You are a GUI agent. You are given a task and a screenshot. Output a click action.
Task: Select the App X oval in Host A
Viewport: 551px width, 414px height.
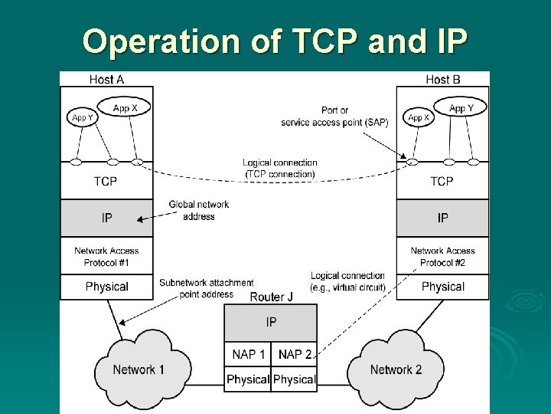pos(125,108)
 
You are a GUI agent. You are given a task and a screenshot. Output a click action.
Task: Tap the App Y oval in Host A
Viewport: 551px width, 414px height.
pos(83,118)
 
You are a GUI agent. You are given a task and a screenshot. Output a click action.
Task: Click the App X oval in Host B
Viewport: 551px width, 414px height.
pos(419,118)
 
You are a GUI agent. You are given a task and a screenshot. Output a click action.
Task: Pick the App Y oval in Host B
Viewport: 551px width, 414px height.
pos(461,108)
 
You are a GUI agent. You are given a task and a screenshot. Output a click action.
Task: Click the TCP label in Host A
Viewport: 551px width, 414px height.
pos(106,182)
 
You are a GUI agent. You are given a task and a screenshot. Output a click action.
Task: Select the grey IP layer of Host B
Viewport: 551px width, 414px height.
pos(442,219)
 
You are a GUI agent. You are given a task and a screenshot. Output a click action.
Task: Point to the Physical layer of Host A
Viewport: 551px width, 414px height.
pos(106,287)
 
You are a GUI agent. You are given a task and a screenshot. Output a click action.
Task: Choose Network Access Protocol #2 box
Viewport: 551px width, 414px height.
pos(442,256)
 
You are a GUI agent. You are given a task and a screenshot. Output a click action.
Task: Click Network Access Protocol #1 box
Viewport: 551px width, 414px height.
pos(106,256)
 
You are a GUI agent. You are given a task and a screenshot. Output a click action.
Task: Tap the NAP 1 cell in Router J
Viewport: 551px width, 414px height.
pos(248,353)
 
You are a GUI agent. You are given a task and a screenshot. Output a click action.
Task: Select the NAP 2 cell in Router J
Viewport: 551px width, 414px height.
pos(295,353)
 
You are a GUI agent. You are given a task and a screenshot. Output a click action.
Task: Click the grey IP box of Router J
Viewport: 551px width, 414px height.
pos(271,323)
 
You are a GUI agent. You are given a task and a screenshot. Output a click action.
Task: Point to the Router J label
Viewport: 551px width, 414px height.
pos(272,297)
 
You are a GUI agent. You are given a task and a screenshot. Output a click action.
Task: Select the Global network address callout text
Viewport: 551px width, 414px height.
pos(198,211)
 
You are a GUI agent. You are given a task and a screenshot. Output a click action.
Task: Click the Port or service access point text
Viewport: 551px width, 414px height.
pos(334,117)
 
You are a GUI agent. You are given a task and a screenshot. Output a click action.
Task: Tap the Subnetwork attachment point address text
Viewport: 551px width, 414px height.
pos(196,288)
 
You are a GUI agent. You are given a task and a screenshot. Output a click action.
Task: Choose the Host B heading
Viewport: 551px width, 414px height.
pos(442,79)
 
